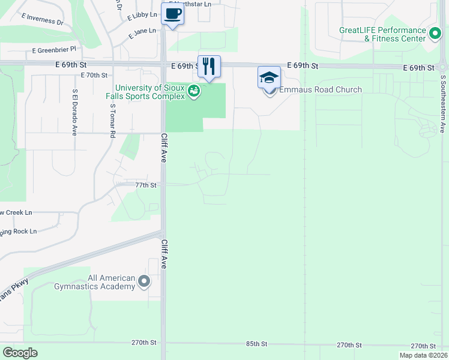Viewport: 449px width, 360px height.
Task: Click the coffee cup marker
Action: [x=173, y=14]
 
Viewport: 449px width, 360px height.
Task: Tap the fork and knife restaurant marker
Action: [x=209, y=65]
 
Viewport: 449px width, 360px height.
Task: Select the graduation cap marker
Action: [x=269, y=78]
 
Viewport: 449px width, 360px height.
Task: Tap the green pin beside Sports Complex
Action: [x=194, y=92]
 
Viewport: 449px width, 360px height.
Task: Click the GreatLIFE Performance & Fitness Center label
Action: [x=382, y=34]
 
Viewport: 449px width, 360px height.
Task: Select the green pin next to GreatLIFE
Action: [x=435, y=32]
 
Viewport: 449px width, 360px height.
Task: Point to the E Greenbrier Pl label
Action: [x=55, y=49]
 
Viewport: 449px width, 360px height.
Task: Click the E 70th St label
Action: [x=94, y=76]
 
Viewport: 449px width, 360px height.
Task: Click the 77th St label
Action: [x=145, y=185]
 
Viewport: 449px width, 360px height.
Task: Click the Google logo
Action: [x=20, y=352]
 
